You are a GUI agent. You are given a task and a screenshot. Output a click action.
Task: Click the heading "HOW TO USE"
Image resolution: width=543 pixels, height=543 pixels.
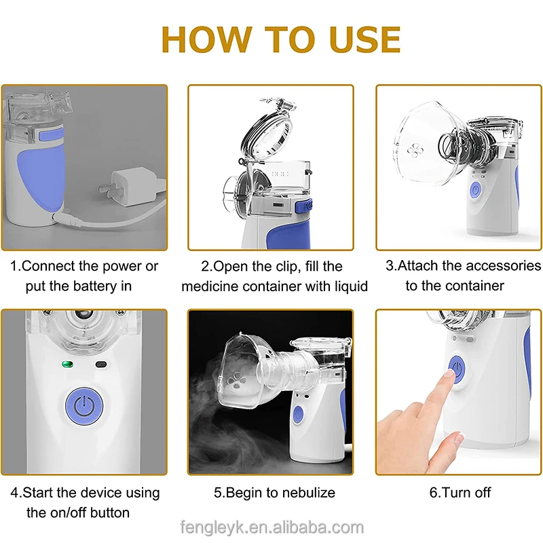coord(281,39)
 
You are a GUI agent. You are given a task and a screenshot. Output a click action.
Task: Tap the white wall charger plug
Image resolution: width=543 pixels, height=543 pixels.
coord(129,187)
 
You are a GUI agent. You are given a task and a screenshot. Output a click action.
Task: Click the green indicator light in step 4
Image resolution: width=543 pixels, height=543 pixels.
coord(67,364)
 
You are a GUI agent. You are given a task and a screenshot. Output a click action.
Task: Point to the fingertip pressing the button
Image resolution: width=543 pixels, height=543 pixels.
coord(449,373)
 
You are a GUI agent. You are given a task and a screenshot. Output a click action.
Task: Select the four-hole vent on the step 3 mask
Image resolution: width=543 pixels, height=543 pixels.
coord(415,150)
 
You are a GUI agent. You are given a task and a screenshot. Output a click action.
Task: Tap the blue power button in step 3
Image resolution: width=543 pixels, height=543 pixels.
coord(476,191)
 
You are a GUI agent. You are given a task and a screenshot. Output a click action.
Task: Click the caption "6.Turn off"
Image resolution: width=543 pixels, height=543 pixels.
coord(460,493)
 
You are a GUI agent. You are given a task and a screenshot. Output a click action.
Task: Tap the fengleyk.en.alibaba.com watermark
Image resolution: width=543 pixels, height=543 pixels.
coord(272,528)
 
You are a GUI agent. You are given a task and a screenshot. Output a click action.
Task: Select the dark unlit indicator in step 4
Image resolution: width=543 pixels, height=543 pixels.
coord(101,364)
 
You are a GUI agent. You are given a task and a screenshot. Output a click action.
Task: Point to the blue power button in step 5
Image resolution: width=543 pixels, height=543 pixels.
coord(298,414)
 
